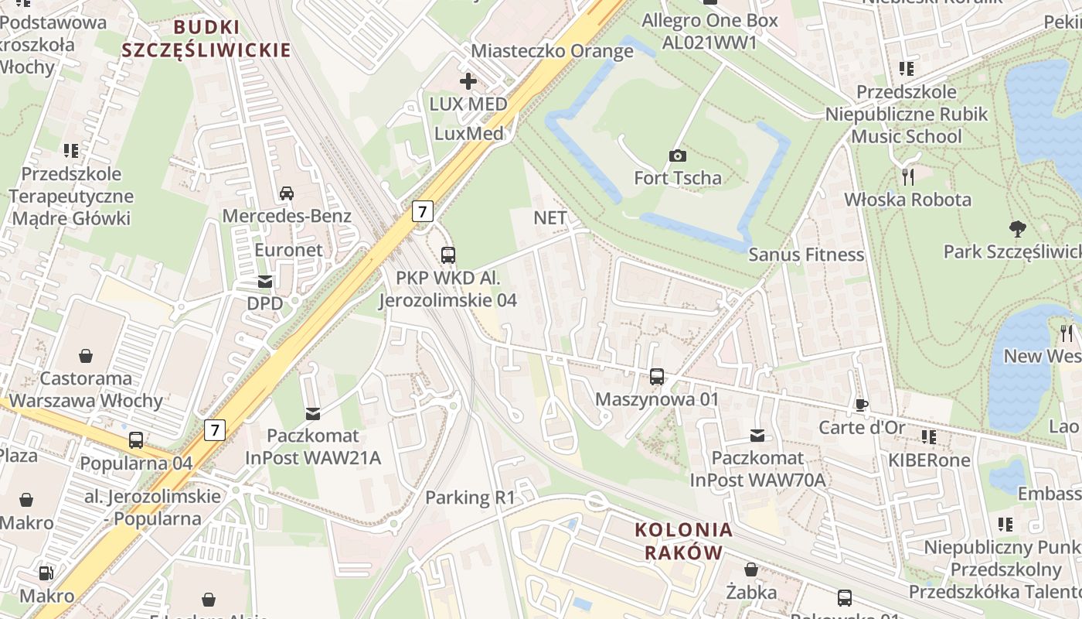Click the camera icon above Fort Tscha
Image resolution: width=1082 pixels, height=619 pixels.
coord(677,156)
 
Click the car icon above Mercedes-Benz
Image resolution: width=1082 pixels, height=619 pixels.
coord(286,193)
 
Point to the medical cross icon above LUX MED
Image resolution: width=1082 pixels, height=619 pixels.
coord(468,80)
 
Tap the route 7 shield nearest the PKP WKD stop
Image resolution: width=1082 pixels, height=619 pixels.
coord(422,210)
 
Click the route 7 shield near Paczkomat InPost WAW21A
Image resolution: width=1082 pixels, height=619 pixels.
coord(215,430)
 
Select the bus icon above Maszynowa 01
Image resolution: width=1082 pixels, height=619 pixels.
coord(656,377)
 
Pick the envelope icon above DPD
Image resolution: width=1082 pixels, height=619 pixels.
coord(265,281)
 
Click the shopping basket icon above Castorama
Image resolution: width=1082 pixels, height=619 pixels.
coord(86,356)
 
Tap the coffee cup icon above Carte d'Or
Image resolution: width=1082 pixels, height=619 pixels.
coord(862,405)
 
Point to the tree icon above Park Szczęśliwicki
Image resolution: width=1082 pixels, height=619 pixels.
coord(1017,228)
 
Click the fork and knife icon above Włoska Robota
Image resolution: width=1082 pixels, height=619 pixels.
coord(907,177)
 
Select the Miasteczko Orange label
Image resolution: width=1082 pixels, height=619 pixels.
coord(552,51)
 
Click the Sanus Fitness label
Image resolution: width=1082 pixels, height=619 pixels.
coord(806,255)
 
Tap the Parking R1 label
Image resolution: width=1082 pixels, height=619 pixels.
coord(470,498)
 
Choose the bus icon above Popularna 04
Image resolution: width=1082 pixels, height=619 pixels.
coord(136,440)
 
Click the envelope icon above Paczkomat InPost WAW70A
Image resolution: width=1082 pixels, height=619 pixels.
coord(757,436)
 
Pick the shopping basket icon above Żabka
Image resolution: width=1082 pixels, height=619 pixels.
coord(750,569)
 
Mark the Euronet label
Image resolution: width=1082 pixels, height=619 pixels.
coord(289,250)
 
